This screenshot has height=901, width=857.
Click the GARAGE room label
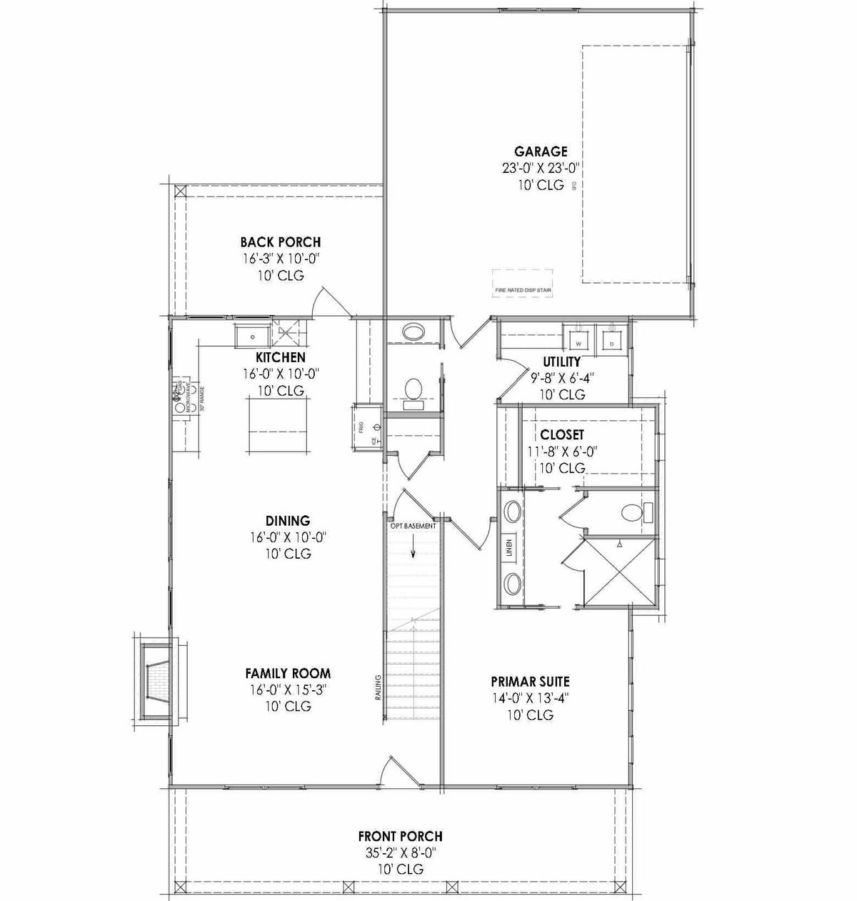point(541,151)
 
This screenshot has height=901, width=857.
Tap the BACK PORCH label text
point(280,242)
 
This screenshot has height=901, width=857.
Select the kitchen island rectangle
point(276,424)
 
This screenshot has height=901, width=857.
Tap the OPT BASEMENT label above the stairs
point(412,526)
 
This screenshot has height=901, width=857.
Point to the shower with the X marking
point(618,571)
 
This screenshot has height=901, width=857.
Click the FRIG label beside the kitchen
point(362,427)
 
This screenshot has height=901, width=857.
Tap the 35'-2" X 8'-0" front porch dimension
point(400,852)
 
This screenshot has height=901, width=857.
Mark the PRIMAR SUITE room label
point(530,682)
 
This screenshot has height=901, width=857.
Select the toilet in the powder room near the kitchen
point(412,391)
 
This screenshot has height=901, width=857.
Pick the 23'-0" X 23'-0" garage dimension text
point(541,168)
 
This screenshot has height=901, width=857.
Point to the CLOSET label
point(561,434)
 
